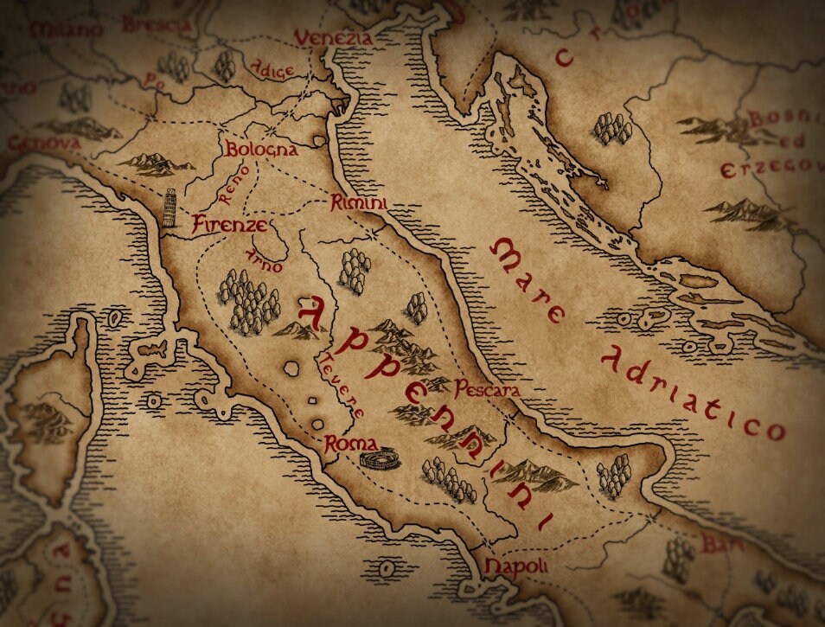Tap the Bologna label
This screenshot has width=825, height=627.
[262, 150]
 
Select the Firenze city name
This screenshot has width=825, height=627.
[229, 225]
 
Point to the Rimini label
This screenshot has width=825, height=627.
[358, 204]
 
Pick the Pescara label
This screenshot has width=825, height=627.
[487, 390]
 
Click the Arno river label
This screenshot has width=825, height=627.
[263, 260]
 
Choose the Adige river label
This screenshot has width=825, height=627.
[272, 69]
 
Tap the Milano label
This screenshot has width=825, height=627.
[66, 31]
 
